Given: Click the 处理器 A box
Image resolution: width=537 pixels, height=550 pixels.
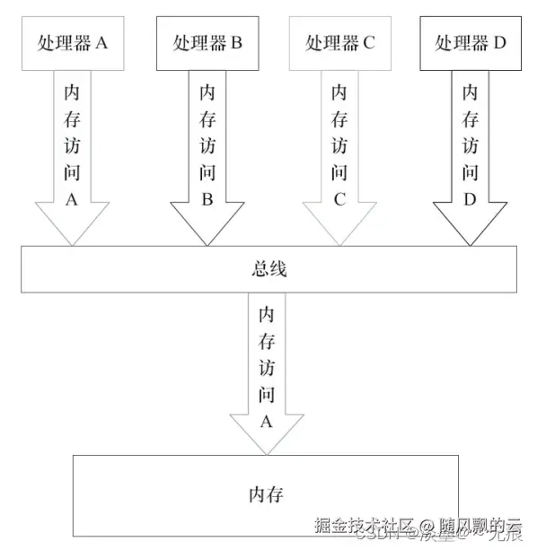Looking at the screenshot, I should [x=73, y=42].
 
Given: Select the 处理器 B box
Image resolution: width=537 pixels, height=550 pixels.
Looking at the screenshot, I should [x=206, y=42].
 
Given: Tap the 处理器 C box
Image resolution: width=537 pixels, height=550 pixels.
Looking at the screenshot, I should [x=339, y=42].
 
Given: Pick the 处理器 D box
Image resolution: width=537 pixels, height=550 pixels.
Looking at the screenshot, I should [x=471, y=42].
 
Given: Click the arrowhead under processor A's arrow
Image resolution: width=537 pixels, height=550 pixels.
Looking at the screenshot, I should [x=73, y=228].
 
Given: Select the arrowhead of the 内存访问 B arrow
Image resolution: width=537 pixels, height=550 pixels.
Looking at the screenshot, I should [x=206, y=228].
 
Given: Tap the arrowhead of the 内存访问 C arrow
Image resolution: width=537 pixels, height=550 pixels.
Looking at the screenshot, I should [x=339, y=228].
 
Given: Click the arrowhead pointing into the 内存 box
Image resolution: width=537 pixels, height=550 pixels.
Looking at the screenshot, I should [x=266, y=437].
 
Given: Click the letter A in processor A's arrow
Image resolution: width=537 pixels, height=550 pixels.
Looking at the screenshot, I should [x=73, y=200].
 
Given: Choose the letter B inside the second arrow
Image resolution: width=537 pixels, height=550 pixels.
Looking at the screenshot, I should [x=207, y=200].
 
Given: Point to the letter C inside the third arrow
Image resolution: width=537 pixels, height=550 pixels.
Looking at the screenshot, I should [x=339, y=200].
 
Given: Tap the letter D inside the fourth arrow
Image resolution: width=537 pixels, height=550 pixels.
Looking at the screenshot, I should [x=471, y=200].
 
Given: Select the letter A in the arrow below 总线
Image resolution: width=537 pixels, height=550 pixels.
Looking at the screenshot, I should [x=266, y=420].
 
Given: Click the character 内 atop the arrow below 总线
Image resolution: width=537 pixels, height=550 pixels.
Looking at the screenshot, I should [x=266, y=316].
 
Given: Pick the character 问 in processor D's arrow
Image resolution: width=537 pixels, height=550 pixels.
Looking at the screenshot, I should [x=471, y=173].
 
